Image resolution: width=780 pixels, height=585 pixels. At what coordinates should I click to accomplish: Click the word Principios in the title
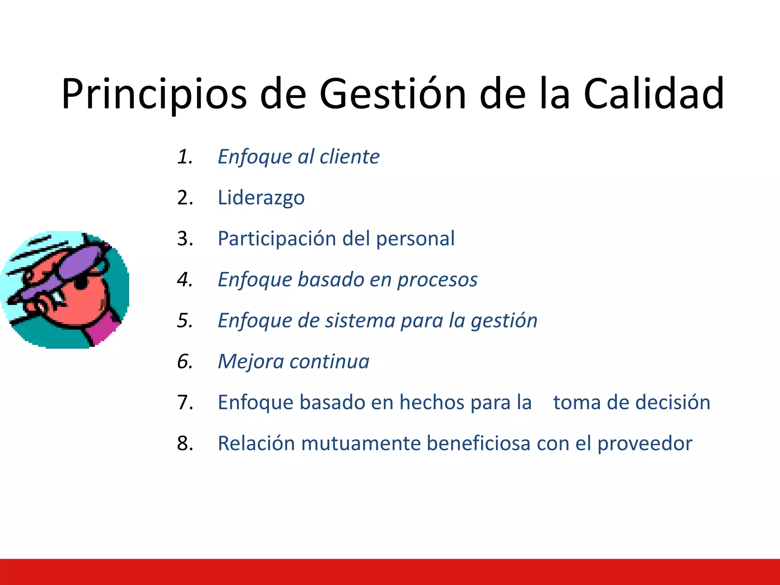click(154, 94)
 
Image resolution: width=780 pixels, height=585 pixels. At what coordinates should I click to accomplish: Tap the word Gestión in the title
click(392, 94)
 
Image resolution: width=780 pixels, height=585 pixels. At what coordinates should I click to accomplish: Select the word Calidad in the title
click(654, 94)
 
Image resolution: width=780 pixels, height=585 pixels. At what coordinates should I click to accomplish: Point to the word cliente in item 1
click(349, 157)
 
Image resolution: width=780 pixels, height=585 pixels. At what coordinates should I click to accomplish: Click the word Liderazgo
click(261, 198)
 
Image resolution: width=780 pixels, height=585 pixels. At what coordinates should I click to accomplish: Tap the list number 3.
click(185, 239)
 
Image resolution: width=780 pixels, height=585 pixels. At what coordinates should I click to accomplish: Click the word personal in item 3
click(415, 239)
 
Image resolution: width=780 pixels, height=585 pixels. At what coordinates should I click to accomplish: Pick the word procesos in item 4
click(437, 280)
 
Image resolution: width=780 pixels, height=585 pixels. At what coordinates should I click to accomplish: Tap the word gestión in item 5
click(504, 321)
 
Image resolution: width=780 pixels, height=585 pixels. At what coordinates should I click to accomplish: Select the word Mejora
click(251, 361)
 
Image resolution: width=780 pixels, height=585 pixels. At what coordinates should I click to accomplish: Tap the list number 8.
click(185, 444)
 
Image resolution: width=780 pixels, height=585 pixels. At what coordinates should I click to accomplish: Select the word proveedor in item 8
click(644, 444)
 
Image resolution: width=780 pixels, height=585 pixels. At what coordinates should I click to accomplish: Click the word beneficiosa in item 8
click(478, 444)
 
